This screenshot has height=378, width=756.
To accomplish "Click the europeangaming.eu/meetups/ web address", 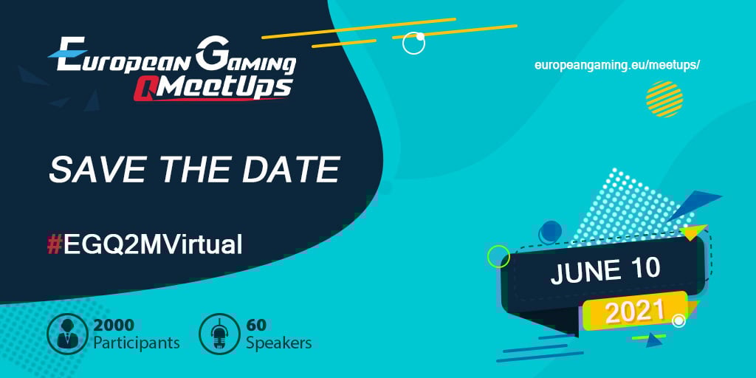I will [x=616, y=64].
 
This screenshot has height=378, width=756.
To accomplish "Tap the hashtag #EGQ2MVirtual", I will [x=145, y=244].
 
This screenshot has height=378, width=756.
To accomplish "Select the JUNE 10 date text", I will [x=605, y=271].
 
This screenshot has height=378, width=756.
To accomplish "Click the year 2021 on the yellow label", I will [x=635, y=311].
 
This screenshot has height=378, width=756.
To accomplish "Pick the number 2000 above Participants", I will [x=113, y=324].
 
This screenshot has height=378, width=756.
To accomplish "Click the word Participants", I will [x=136, y=343].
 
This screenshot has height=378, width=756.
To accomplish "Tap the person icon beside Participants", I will [x=67, y=334].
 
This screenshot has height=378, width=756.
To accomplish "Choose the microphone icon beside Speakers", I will [x=219, y=334].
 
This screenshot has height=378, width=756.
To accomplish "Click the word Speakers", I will [x=278, y=343].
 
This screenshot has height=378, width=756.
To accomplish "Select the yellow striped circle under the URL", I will [x=664, y=99].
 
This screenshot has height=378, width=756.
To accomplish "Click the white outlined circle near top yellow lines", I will [x=413, y=44].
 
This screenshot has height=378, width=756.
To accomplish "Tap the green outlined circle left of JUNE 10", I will [x=498, y=256].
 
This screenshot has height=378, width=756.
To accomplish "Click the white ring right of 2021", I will [x=678, y=320].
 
